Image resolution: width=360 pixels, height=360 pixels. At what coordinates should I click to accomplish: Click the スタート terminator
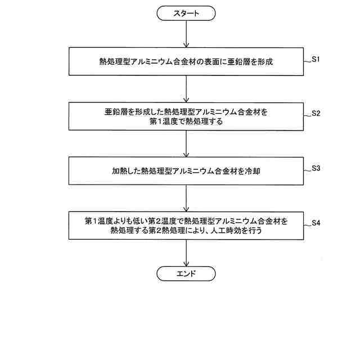(x=186, y=13)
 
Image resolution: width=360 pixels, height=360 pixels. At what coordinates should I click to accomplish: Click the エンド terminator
(x=186, y=274)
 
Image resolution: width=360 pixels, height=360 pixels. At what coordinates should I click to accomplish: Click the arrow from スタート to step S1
(x=186, y=34)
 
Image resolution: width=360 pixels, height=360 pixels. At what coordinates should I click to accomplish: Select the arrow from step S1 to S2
(x=186, y=88)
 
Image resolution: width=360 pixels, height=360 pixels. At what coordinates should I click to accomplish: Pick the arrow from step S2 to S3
(x=186, y=143)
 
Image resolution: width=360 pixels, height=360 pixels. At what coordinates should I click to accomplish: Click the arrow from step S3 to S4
(x=186, y=198)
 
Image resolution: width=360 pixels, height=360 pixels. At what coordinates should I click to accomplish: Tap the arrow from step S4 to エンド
(x=186, y=253)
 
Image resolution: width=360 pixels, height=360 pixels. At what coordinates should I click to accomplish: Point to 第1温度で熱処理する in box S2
(x=186, y=120)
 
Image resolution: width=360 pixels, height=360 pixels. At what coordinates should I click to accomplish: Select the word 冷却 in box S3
(x=251, y=171)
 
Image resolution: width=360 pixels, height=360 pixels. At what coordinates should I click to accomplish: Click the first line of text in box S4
(x=186, y=221)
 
